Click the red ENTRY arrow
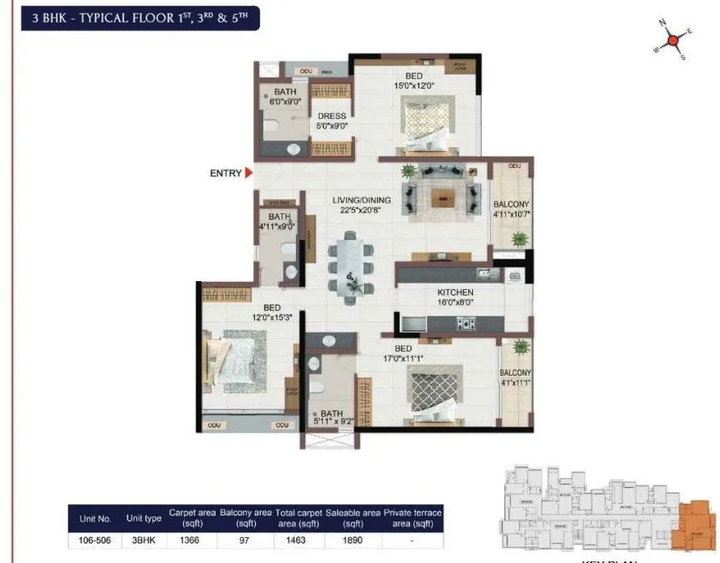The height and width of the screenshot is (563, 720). tap(249, 173)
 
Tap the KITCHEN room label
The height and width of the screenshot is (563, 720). tap(455, 292)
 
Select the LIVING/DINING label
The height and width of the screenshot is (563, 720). tap(362, 200)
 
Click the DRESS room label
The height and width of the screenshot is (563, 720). tap(332, 116)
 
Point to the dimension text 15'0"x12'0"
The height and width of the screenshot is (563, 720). tap(413, 86)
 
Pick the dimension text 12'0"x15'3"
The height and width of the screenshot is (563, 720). tap(271, 318)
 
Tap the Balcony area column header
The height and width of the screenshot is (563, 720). tap(245, 518)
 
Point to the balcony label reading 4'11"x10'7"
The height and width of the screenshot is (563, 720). tap(511, 209)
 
